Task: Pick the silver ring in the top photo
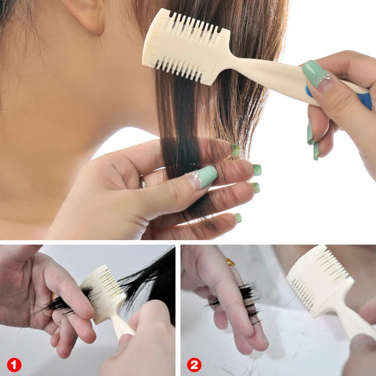point(142,181)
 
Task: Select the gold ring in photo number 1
point(53,297)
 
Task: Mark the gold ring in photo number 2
point(230,262)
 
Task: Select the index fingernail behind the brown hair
point(235,150)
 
